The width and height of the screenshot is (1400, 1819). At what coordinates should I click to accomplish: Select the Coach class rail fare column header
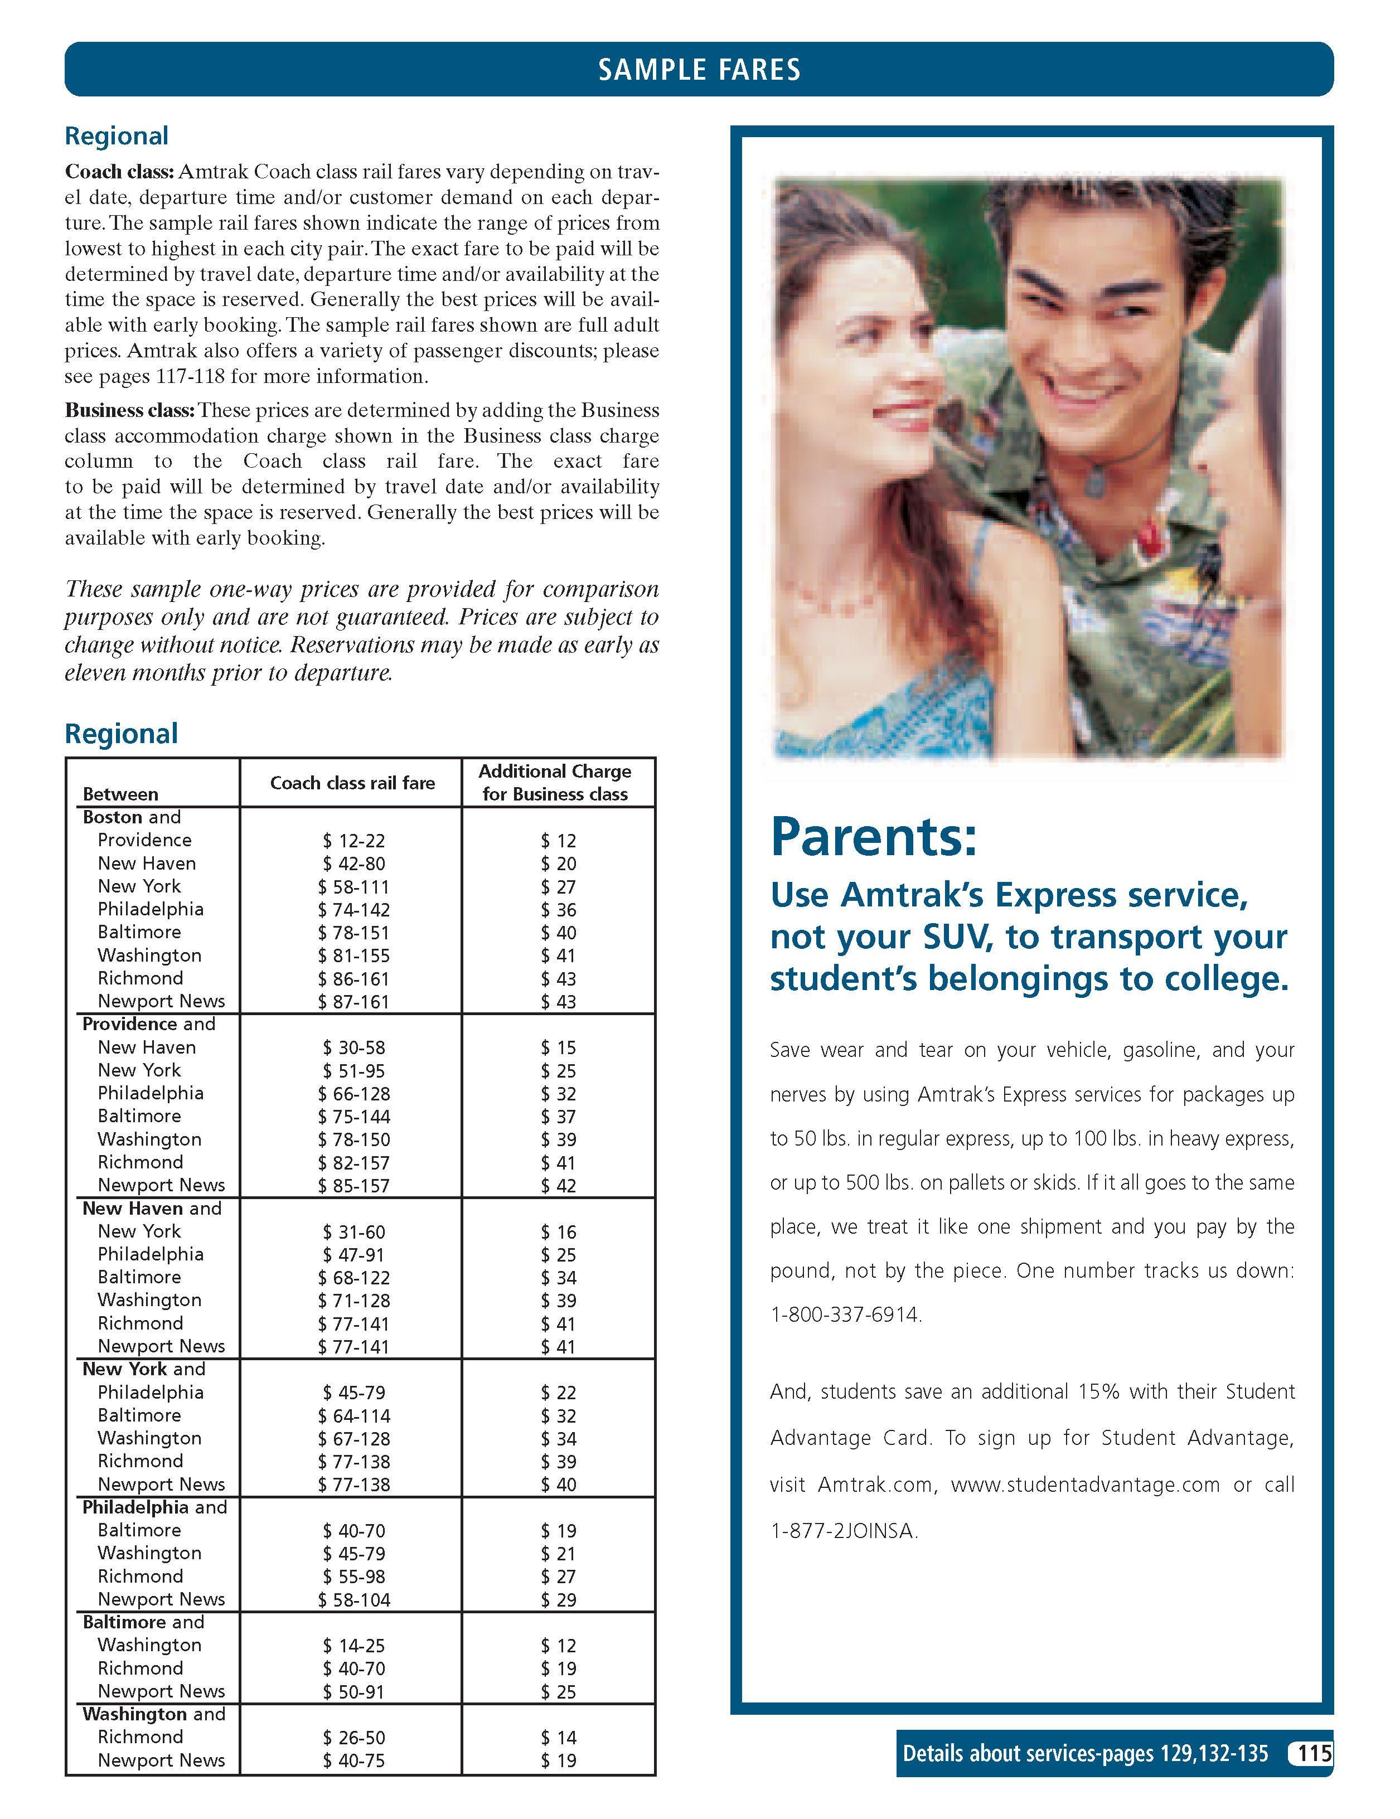(352, 783)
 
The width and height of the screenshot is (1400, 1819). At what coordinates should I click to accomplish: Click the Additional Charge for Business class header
(555, 783)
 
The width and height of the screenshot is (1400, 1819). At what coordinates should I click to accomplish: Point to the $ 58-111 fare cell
(353, 887)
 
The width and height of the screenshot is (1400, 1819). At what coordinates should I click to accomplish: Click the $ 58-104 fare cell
(353, 1599)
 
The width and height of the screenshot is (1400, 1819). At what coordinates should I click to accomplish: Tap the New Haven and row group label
(152, 1209)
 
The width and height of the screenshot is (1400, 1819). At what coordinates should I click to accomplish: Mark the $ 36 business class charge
(558, 910)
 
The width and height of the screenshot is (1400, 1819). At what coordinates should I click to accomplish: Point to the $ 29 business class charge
(558, 1599)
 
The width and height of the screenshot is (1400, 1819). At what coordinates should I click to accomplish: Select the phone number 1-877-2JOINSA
(844, 1531)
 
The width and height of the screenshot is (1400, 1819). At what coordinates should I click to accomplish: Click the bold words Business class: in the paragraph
(130, 411)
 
